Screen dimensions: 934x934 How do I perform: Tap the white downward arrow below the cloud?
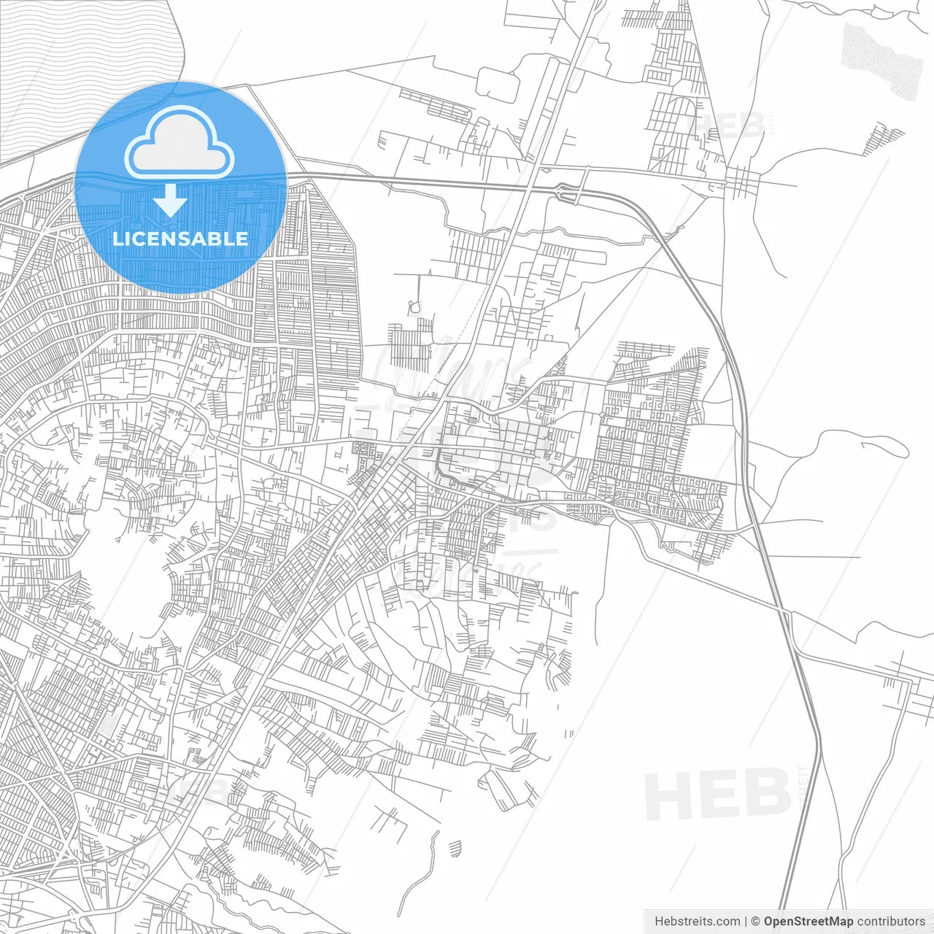tap(171, 201)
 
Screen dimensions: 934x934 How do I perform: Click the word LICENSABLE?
tap(180, 239)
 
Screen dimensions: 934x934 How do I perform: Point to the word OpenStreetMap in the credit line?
tap(808, 922)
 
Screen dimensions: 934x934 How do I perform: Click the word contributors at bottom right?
tap(891, 922)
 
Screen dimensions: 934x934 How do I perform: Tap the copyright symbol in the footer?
tap(755, 922)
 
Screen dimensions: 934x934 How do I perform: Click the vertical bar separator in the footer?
tap(746, 922)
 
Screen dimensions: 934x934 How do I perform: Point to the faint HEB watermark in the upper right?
tap(730, 126)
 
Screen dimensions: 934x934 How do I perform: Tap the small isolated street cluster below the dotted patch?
tap(883, 139)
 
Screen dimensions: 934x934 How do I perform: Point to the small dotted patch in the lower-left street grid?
tap(107, 722)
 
